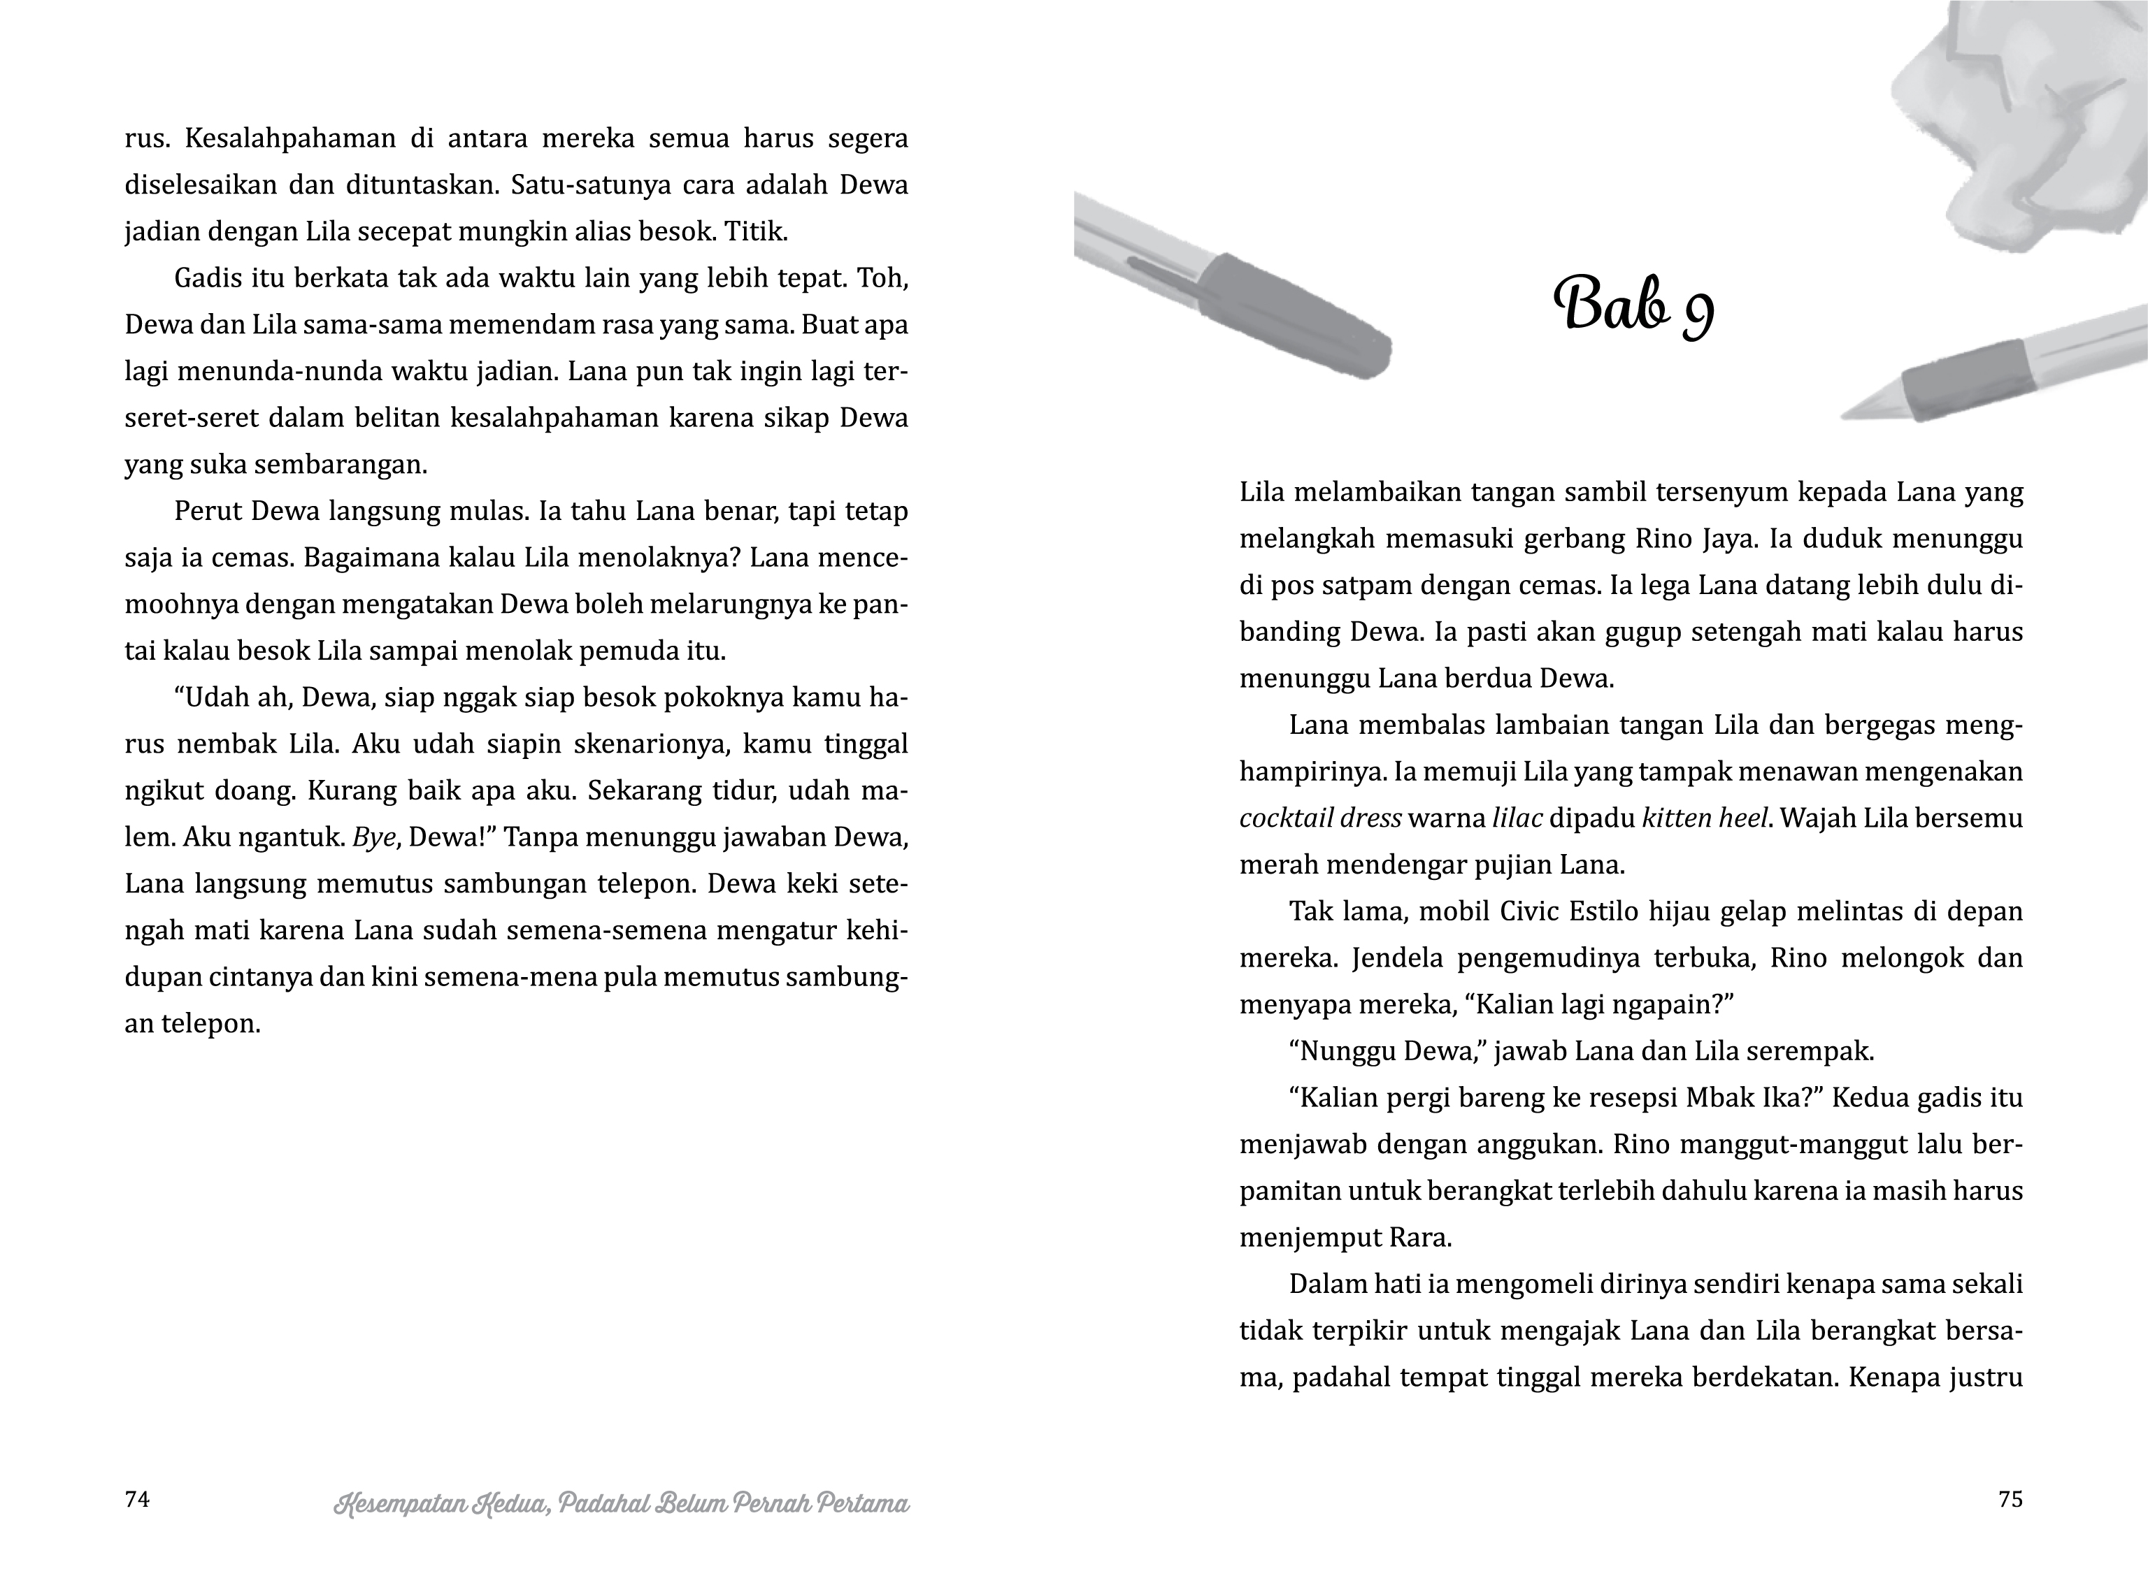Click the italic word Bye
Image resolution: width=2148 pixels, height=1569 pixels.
pos(373,838)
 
